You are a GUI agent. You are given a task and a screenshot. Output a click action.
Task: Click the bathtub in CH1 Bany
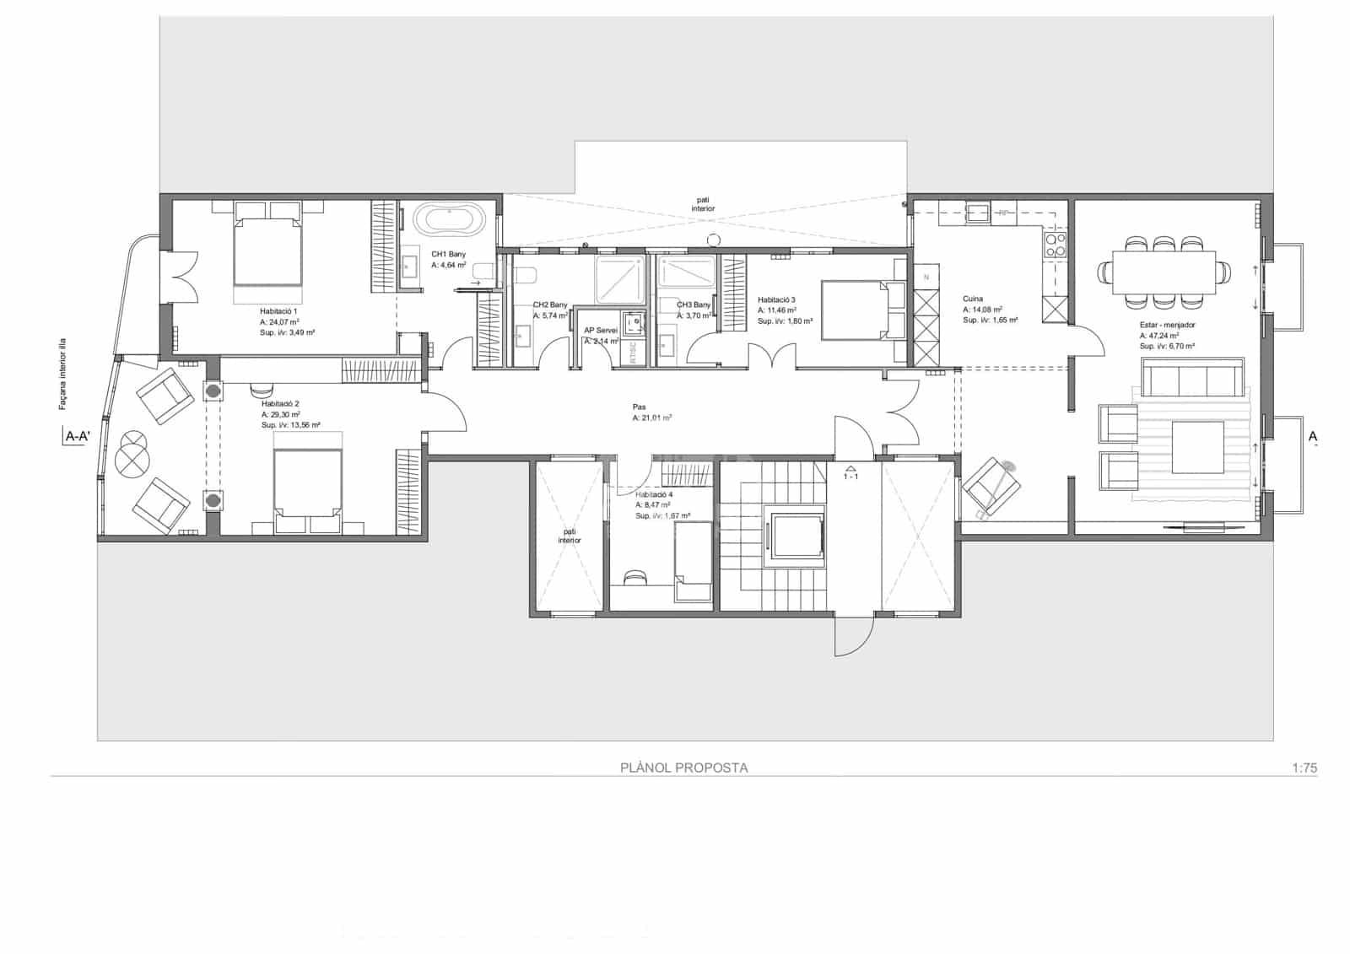pyautogui.click(x=454, y=222)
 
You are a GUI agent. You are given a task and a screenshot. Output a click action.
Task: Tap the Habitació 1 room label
pyautogui.click(x=278, y=311)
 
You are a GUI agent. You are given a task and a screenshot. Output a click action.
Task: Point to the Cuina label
pyautogui.click(x=973, y=299)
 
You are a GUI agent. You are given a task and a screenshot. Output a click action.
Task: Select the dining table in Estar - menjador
pyautogui.click(x=1164, y=272)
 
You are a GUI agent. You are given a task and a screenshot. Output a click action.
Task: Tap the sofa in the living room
pyautogui.click(x=1192, y=376)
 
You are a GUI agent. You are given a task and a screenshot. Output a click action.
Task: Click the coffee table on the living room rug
pyautogui.click(x=1197, y=447)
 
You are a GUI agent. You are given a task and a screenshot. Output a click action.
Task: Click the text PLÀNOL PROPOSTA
pyautogui.click(x=684, y=768)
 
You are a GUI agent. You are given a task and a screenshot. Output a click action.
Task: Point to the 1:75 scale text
pyautogui.click(x=1304, y=768)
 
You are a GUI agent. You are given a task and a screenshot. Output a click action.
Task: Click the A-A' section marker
pyautogui.click(x=77, y=436)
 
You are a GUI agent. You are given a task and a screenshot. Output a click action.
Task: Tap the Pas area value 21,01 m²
pyautogui.click(x=652, y=418)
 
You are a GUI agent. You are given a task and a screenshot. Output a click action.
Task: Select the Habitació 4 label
pyautogui.click(x=654, y=494)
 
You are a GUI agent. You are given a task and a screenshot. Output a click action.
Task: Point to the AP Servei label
pyautogui.click(x=601, y=331)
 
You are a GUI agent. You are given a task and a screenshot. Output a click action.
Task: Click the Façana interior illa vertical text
pyautogui.click(x=62, y=374)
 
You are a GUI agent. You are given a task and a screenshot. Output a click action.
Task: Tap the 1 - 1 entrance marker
pyautogui.click(x=850, y=477)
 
